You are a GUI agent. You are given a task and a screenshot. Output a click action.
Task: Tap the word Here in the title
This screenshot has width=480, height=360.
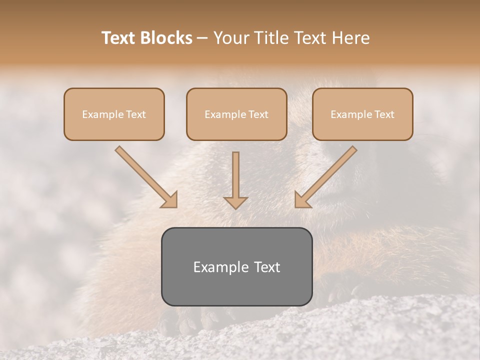tap(350, 38)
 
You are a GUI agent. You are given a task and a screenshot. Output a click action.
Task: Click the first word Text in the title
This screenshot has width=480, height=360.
tap(119, 38)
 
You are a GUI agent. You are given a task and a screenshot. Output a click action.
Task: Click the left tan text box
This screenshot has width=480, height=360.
tap(114, 114)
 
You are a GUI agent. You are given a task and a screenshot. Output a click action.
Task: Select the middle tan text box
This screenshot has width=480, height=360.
tap(236, 114)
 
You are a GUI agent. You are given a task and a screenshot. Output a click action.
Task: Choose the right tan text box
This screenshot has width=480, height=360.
tap(362, 114)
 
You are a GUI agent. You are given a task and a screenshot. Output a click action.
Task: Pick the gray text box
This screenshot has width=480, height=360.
tap(236, 266)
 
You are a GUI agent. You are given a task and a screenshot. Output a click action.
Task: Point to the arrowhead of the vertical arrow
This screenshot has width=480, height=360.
tap(235, 202)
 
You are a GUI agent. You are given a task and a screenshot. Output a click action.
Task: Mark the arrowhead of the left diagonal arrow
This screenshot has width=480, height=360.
tap(169, 200)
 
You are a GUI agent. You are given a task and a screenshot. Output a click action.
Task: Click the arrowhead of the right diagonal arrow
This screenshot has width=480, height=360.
tap(302, 200)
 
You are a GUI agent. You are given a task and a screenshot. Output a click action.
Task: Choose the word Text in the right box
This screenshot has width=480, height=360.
tap(384, 114)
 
